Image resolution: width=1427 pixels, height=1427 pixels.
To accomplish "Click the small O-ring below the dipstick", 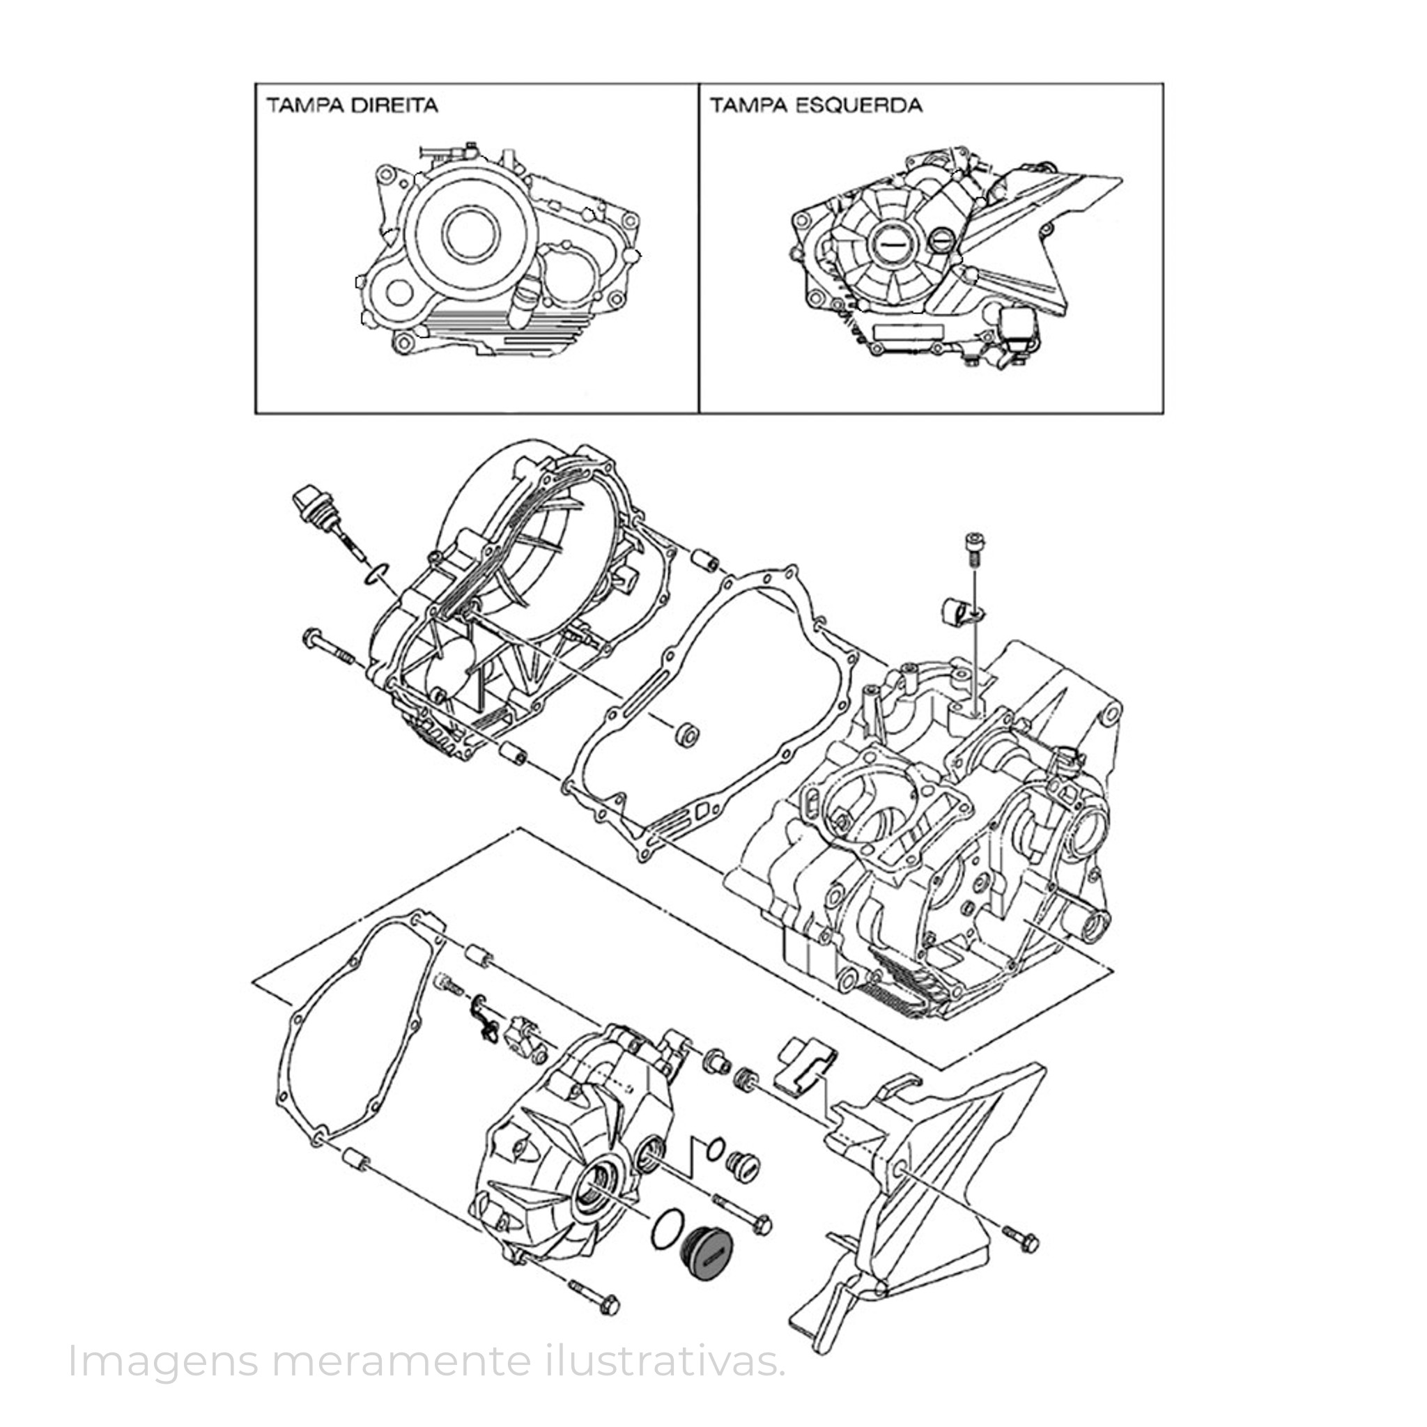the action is pyautogui.click(x=378, y=571).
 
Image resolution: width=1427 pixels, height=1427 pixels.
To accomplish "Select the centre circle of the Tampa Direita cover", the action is pyautogui.click(x=470, y=231).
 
